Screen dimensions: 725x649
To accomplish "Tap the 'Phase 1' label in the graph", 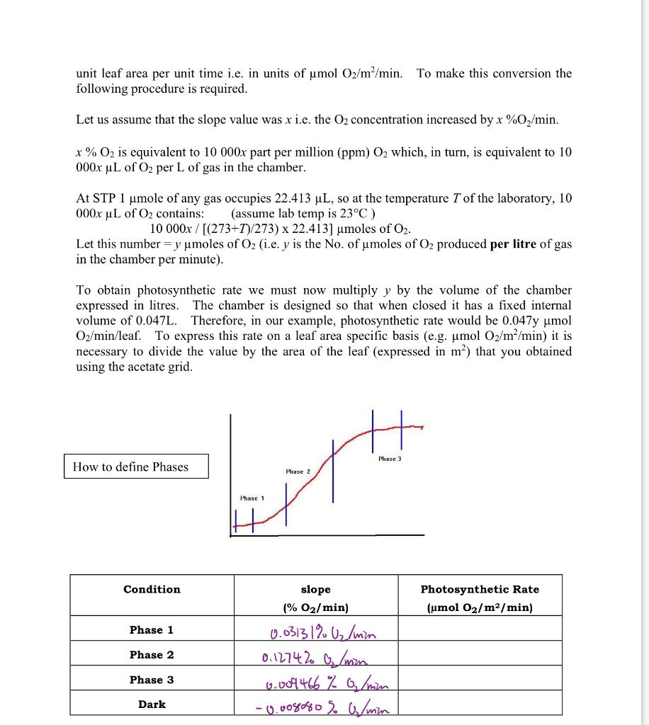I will tap(252, 498).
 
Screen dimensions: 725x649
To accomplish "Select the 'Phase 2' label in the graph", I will tap(298, 472).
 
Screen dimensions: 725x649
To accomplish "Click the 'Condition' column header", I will tap(152, 589).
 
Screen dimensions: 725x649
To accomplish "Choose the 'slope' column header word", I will tap(315, 589).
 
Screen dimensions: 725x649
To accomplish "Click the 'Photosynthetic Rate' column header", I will tap(480, 589).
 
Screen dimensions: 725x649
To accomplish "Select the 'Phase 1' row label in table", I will tap(152, 629).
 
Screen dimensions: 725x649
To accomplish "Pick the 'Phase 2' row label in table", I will tap(152, 654).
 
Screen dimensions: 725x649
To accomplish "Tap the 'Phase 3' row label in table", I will tap(152, 679).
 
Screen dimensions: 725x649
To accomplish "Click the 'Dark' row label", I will tap(152, 704).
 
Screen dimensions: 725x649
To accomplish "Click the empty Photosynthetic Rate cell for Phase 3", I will tap(480, 680).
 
